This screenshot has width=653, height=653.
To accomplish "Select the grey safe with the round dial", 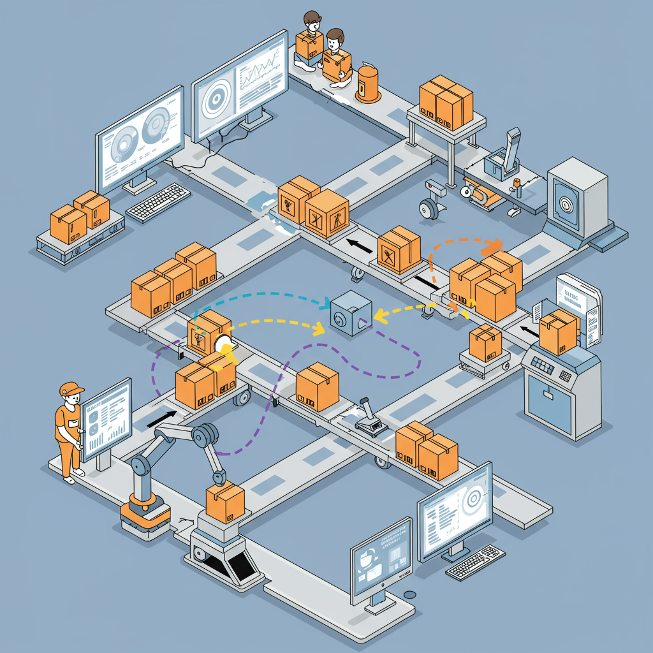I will tap(576, 197).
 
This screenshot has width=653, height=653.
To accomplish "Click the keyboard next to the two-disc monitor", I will tap(158, 202).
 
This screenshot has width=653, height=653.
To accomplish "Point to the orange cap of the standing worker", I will tap(71, 388).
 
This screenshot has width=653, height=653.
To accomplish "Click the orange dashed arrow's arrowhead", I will tap(495, 245).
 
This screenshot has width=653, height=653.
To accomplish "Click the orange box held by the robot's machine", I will tap(225, 500).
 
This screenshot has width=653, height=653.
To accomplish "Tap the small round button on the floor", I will tap(410, 594).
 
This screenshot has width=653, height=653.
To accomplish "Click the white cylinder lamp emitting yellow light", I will tap(224, 345).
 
